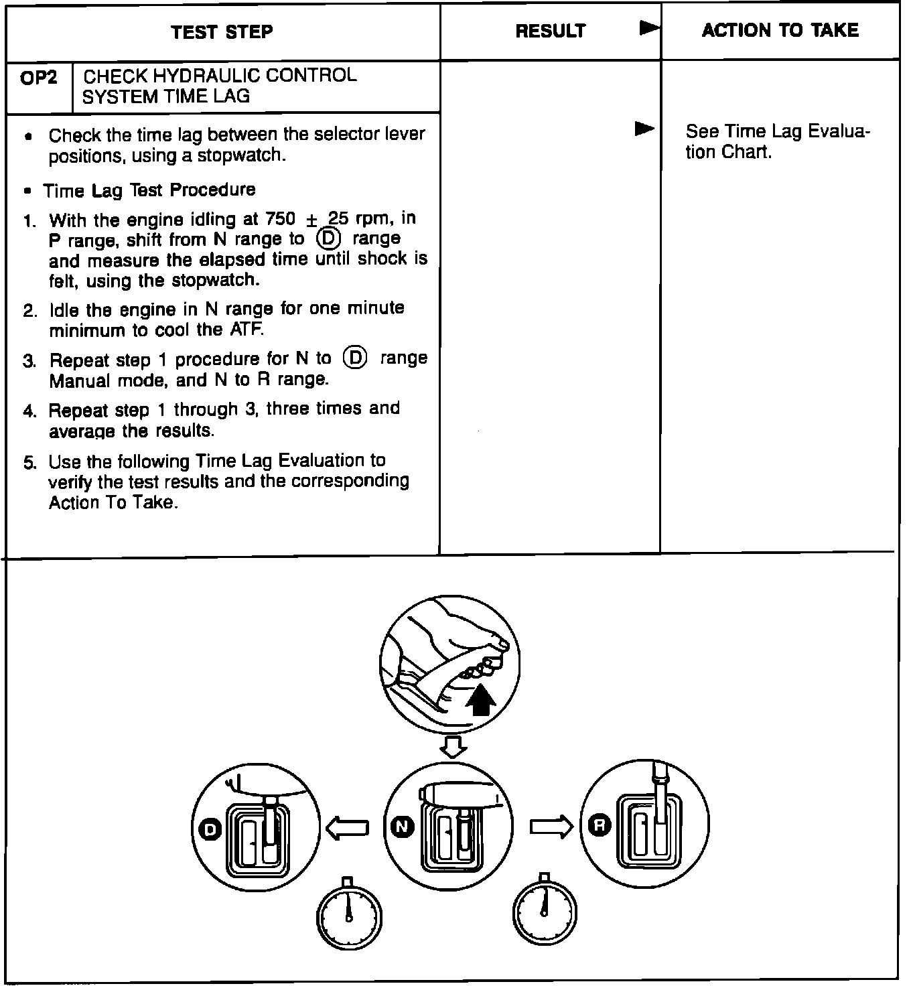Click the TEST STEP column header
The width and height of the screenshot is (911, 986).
click(x=222, y=32)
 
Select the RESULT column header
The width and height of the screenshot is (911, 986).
click(x=550, y=31)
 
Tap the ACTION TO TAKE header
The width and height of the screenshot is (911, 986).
click(x=780, y=30)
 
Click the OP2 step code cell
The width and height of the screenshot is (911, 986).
click(x=39, y=79)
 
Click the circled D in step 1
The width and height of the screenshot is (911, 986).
click(x=328, y=238)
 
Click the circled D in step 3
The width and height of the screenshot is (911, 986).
click(x=354, y=359)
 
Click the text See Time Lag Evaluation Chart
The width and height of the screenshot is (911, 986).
click(x=777, y=141)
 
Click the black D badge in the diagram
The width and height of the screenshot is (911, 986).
click(x=210, y=830)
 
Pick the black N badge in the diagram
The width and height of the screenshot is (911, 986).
click(x=401, y=827)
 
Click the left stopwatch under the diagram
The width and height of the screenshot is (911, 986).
click(x=348, y=914)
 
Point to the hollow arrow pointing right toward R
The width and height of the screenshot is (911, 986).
click(x=551, y=827)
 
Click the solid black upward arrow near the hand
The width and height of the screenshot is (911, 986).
click(x=480, y=701)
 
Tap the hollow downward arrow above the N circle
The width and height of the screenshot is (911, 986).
click(x=455, y=746)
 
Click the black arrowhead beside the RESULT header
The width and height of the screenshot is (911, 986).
click(x=648, y=28)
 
